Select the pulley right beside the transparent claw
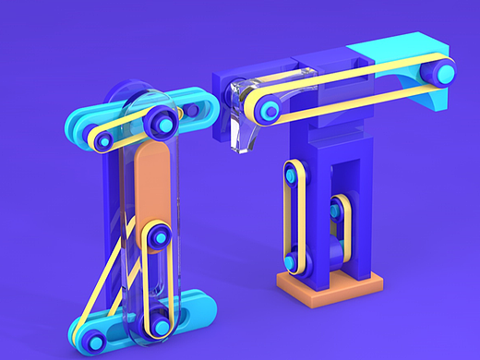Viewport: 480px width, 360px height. click(x=270, y=112)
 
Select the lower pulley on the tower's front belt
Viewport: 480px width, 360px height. click(x=292, y=262)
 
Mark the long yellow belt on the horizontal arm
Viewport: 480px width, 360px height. click(x=351, y=90)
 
